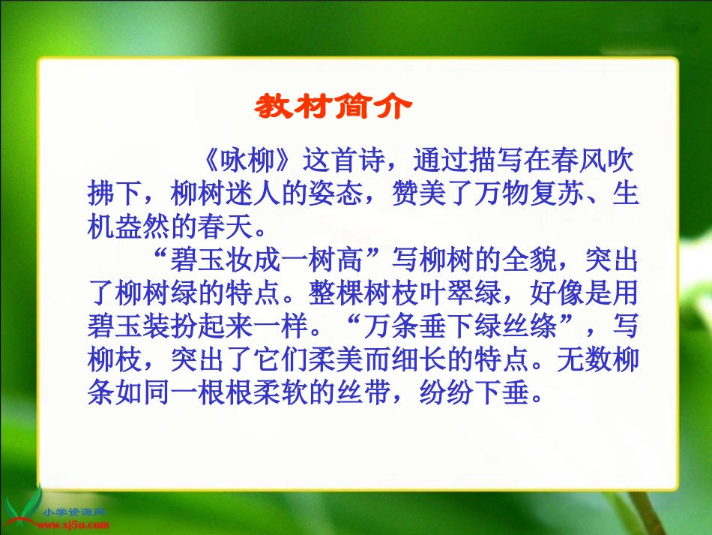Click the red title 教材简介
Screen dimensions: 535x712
click(333, 107)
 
